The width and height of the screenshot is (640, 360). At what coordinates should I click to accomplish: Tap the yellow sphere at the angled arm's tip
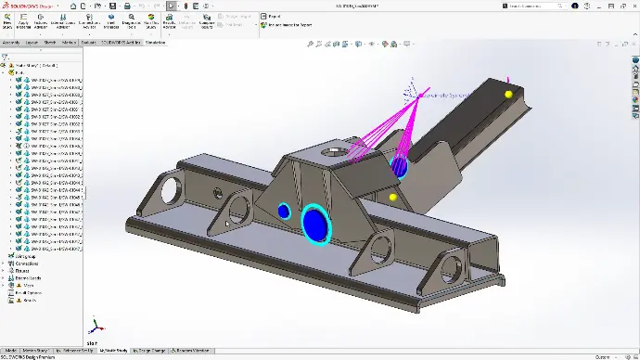507,94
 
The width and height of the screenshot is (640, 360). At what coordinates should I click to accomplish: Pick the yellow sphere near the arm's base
392,197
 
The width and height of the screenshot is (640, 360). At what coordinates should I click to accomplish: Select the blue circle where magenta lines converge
400,167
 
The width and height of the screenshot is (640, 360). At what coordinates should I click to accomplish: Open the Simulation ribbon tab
155,42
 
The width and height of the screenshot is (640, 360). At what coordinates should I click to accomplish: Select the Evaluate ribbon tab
88,42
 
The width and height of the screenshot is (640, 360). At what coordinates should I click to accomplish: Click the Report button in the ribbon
274,17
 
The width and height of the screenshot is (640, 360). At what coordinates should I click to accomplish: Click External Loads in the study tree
27,277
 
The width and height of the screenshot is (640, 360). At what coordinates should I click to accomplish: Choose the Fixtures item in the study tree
22,270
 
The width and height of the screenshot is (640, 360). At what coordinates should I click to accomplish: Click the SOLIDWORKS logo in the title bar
28,6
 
